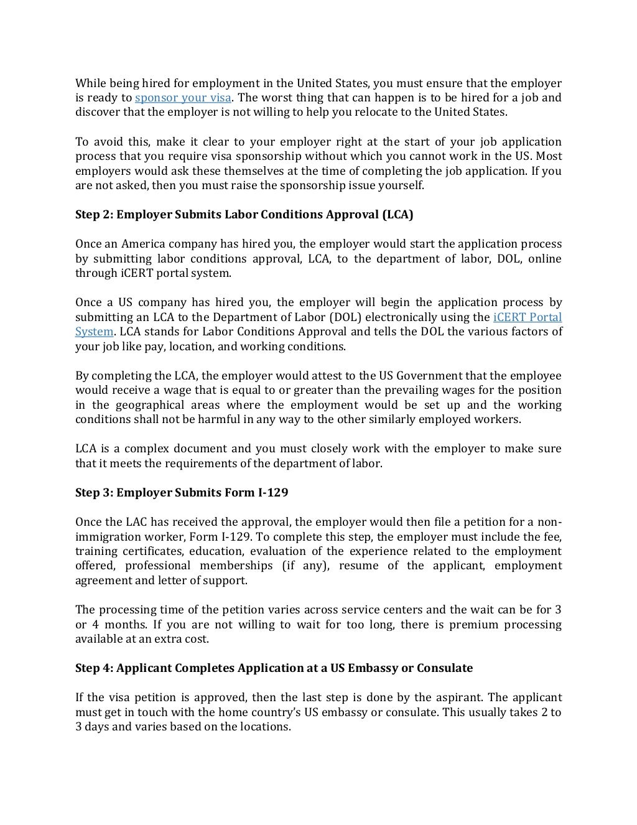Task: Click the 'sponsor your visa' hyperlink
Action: [184, 98]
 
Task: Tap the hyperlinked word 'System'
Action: [94, 332]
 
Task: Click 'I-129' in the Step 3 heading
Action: [273, 493]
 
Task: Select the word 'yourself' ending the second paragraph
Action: [401, 185]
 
